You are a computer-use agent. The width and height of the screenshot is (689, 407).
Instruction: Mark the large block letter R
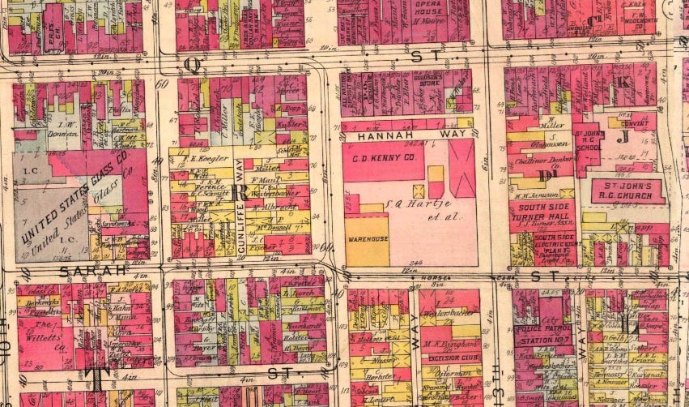tap(239, 192)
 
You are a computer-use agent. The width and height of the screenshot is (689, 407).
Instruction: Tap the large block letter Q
tap(192, 62)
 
